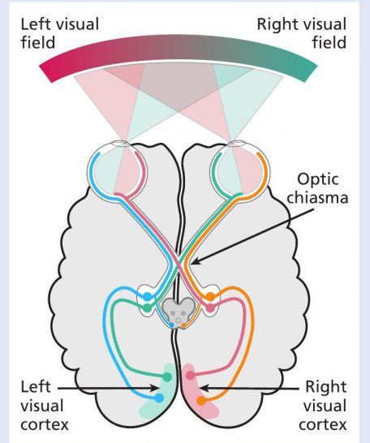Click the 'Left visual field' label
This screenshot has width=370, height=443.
click(60, 33)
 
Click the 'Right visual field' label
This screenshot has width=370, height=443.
click(301, 33)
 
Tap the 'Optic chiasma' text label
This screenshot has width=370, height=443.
click(317, 188)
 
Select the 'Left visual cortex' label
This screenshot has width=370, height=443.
click(45, 405)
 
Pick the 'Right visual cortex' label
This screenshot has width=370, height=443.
click(323, 405)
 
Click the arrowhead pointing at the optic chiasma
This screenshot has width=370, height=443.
click(195, 261)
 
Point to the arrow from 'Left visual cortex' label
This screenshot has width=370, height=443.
click(109, 388)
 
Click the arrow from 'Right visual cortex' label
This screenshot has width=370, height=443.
click(249, 388)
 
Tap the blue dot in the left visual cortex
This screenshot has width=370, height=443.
click(159, 398)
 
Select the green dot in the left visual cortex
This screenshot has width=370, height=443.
click(167, 376)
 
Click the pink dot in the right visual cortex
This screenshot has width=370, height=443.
click(191, 376)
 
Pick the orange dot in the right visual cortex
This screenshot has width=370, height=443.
click(200, 401)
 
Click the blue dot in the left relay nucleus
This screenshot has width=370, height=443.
click(147, 297)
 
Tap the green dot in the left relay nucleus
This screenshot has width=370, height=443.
click(147, 308)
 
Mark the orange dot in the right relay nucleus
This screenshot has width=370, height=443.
click(210, 297)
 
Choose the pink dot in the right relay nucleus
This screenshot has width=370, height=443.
click(210, 308)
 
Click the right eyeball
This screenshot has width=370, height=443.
click(240, 170)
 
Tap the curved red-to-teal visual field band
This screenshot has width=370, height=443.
click(178, 48)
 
